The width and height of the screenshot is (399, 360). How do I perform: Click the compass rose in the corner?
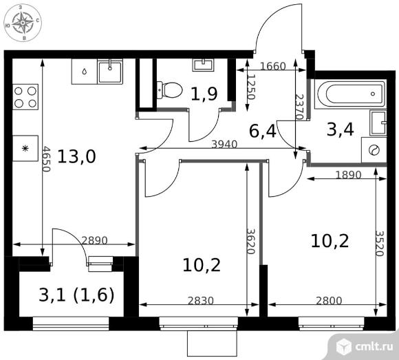click(x=23, y=23)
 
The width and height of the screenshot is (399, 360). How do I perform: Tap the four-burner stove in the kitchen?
click(x=25, y=97)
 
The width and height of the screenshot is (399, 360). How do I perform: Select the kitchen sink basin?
click(x=110, y=71)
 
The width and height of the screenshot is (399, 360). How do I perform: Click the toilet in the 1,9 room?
click(x=169, y=90)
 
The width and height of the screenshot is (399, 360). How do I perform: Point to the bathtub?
click(x=350, y=94)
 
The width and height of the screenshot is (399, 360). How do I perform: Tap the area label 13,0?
click(x=76, y=156)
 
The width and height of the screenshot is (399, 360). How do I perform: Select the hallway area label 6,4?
click(x=262, y=131)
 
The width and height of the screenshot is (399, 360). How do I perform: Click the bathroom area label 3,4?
click(x=341, y=129)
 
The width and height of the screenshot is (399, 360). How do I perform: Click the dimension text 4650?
click(x=46, y=158)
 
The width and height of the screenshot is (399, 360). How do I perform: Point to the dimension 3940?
click(x=224, y=145)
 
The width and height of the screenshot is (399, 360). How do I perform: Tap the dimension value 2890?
click(x=95, y=240)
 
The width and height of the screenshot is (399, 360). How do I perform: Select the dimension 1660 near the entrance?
click(x=273, y=67)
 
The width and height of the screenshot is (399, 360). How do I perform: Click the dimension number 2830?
click(x=200, y=301)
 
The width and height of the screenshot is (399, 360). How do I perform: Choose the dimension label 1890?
click(x=348, y=175)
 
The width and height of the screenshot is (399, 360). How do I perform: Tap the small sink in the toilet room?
click(x=203, y=65)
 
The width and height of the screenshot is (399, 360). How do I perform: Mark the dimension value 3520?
click(x=379, y=244)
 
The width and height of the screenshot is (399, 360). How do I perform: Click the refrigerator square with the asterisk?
click(x=25, y=149)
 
